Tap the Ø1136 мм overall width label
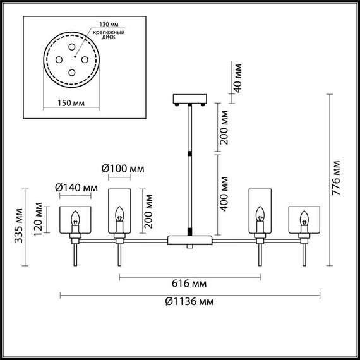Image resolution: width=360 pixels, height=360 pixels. pyautogui.click(x=189, y=302)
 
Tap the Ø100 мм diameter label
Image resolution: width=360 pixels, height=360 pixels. pyautogui.click(x=123, y=169)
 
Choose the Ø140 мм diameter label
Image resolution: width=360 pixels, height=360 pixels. pyautogui.click(x=76, y=188)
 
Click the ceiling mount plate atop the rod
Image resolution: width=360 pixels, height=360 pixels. pyautogui.click(x=189, y=100)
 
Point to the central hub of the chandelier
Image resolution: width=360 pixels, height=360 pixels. pyautogui.click(x=189, y=240)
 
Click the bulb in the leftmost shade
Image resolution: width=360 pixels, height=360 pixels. pyautogui.click(x=76, y=220)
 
